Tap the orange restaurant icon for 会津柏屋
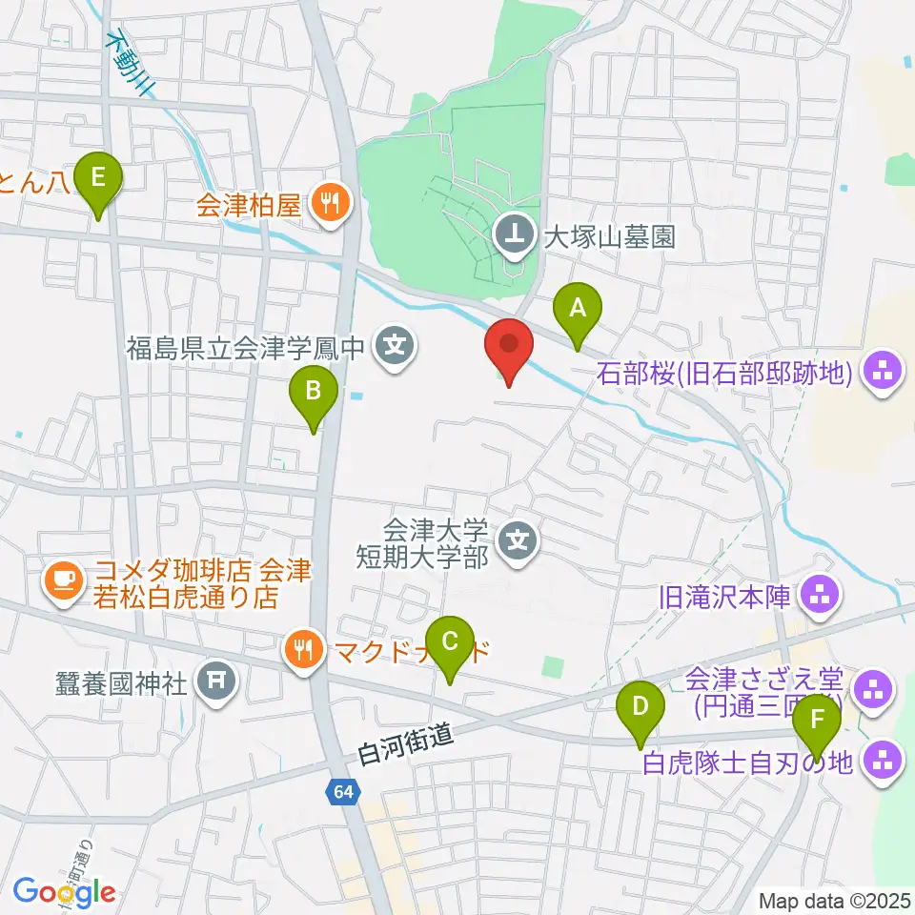pyautogui.click(x=331, y=203)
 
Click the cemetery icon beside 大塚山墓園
pyautogui.click(x=515, y=235)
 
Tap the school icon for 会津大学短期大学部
pyautogui.click(x=519, y=542)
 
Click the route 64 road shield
pyautogui.click(x=343, y=790)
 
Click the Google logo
pyautogui.click(x=65, y=892)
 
